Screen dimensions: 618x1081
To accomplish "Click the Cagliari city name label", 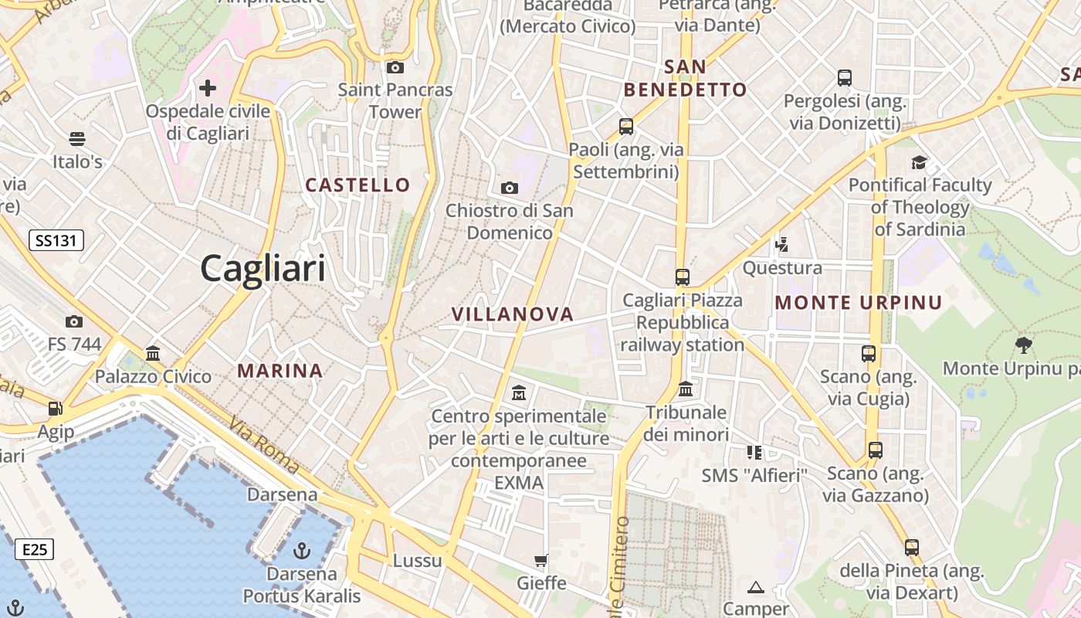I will point(263,269).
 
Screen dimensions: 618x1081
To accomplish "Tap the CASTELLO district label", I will point(358,185).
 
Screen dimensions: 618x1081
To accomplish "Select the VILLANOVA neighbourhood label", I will point(513,314).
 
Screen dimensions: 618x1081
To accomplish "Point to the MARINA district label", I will point(280,371).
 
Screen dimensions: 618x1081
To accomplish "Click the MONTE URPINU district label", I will point(859,303).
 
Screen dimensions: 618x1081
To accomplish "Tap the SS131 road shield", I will point(56,240).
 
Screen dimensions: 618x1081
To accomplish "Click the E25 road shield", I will point(35,550).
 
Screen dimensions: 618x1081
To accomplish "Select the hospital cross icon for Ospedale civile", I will point(207,88).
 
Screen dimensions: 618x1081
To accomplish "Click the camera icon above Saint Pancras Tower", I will point(395,68).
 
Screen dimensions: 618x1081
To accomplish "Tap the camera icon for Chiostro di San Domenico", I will point(509,188).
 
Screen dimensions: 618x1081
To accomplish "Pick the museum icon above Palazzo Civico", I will point(153,354).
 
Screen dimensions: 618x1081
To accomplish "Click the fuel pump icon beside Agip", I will point(55,409).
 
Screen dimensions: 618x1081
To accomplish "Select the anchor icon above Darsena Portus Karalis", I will point(302,551).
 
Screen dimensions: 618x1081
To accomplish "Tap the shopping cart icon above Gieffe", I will point(541,560).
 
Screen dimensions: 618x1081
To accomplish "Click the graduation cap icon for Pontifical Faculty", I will point(919,162).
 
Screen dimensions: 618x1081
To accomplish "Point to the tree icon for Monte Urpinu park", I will point(1024,345).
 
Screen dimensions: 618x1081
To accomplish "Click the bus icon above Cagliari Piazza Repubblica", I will point(682,277).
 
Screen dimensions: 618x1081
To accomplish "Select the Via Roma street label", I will point(264,446).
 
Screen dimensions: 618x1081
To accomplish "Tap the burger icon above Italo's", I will point(76,139).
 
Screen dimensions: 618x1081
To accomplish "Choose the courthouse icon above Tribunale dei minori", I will point(686,389).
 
